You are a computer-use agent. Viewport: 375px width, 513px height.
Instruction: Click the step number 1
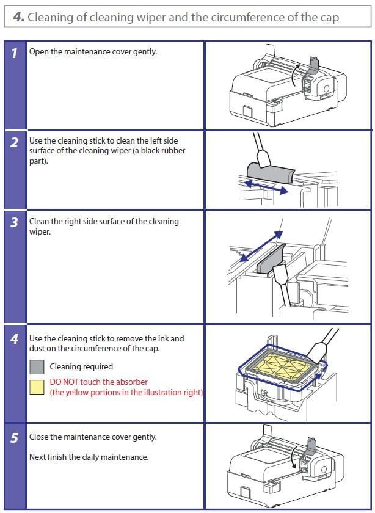14,53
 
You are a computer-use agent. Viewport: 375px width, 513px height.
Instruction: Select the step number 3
14,223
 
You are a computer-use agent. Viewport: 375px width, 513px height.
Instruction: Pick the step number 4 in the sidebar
14,339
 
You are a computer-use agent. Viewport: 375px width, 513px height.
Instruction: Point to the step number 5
14,438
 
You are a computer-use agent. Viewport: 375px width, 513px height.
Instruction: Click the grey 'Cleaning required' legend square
37,366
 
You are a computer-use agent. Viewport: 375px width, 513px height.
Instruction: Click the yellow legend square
37,387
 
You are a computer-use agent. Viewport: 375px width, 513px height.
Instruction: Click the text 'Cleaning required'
81,366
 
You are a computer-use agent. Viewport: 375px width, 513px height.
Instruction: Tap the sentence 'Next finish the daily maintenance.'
89,457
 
